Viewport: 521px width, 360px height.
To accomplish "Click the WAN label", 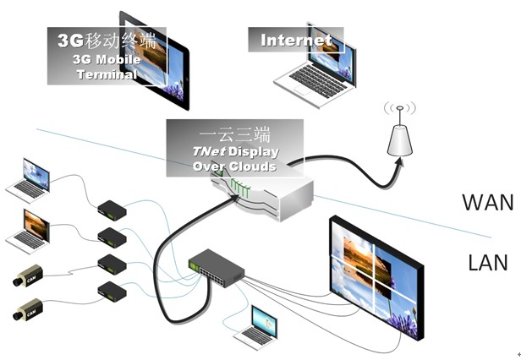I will [488, 202].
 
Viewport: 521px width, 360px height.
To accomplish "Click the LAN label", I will [488, 262].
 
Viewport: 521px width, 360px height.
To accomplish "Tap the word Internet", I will [295, 40].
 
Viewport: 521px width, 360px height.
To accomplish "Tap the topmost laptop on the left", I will [30, 178].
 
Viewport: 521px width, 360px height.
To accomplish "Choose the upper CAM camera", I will [29, 276].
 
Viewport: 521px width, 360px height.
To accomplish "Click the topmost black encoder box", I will [112, 209].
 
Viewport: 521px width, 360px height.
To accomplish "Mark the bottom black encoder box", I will [112, 292].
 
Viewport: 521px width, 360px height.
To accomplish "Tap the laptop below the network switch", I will [257, 327].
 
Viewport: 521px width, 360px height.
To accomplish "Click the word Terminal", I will [106, 74].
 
